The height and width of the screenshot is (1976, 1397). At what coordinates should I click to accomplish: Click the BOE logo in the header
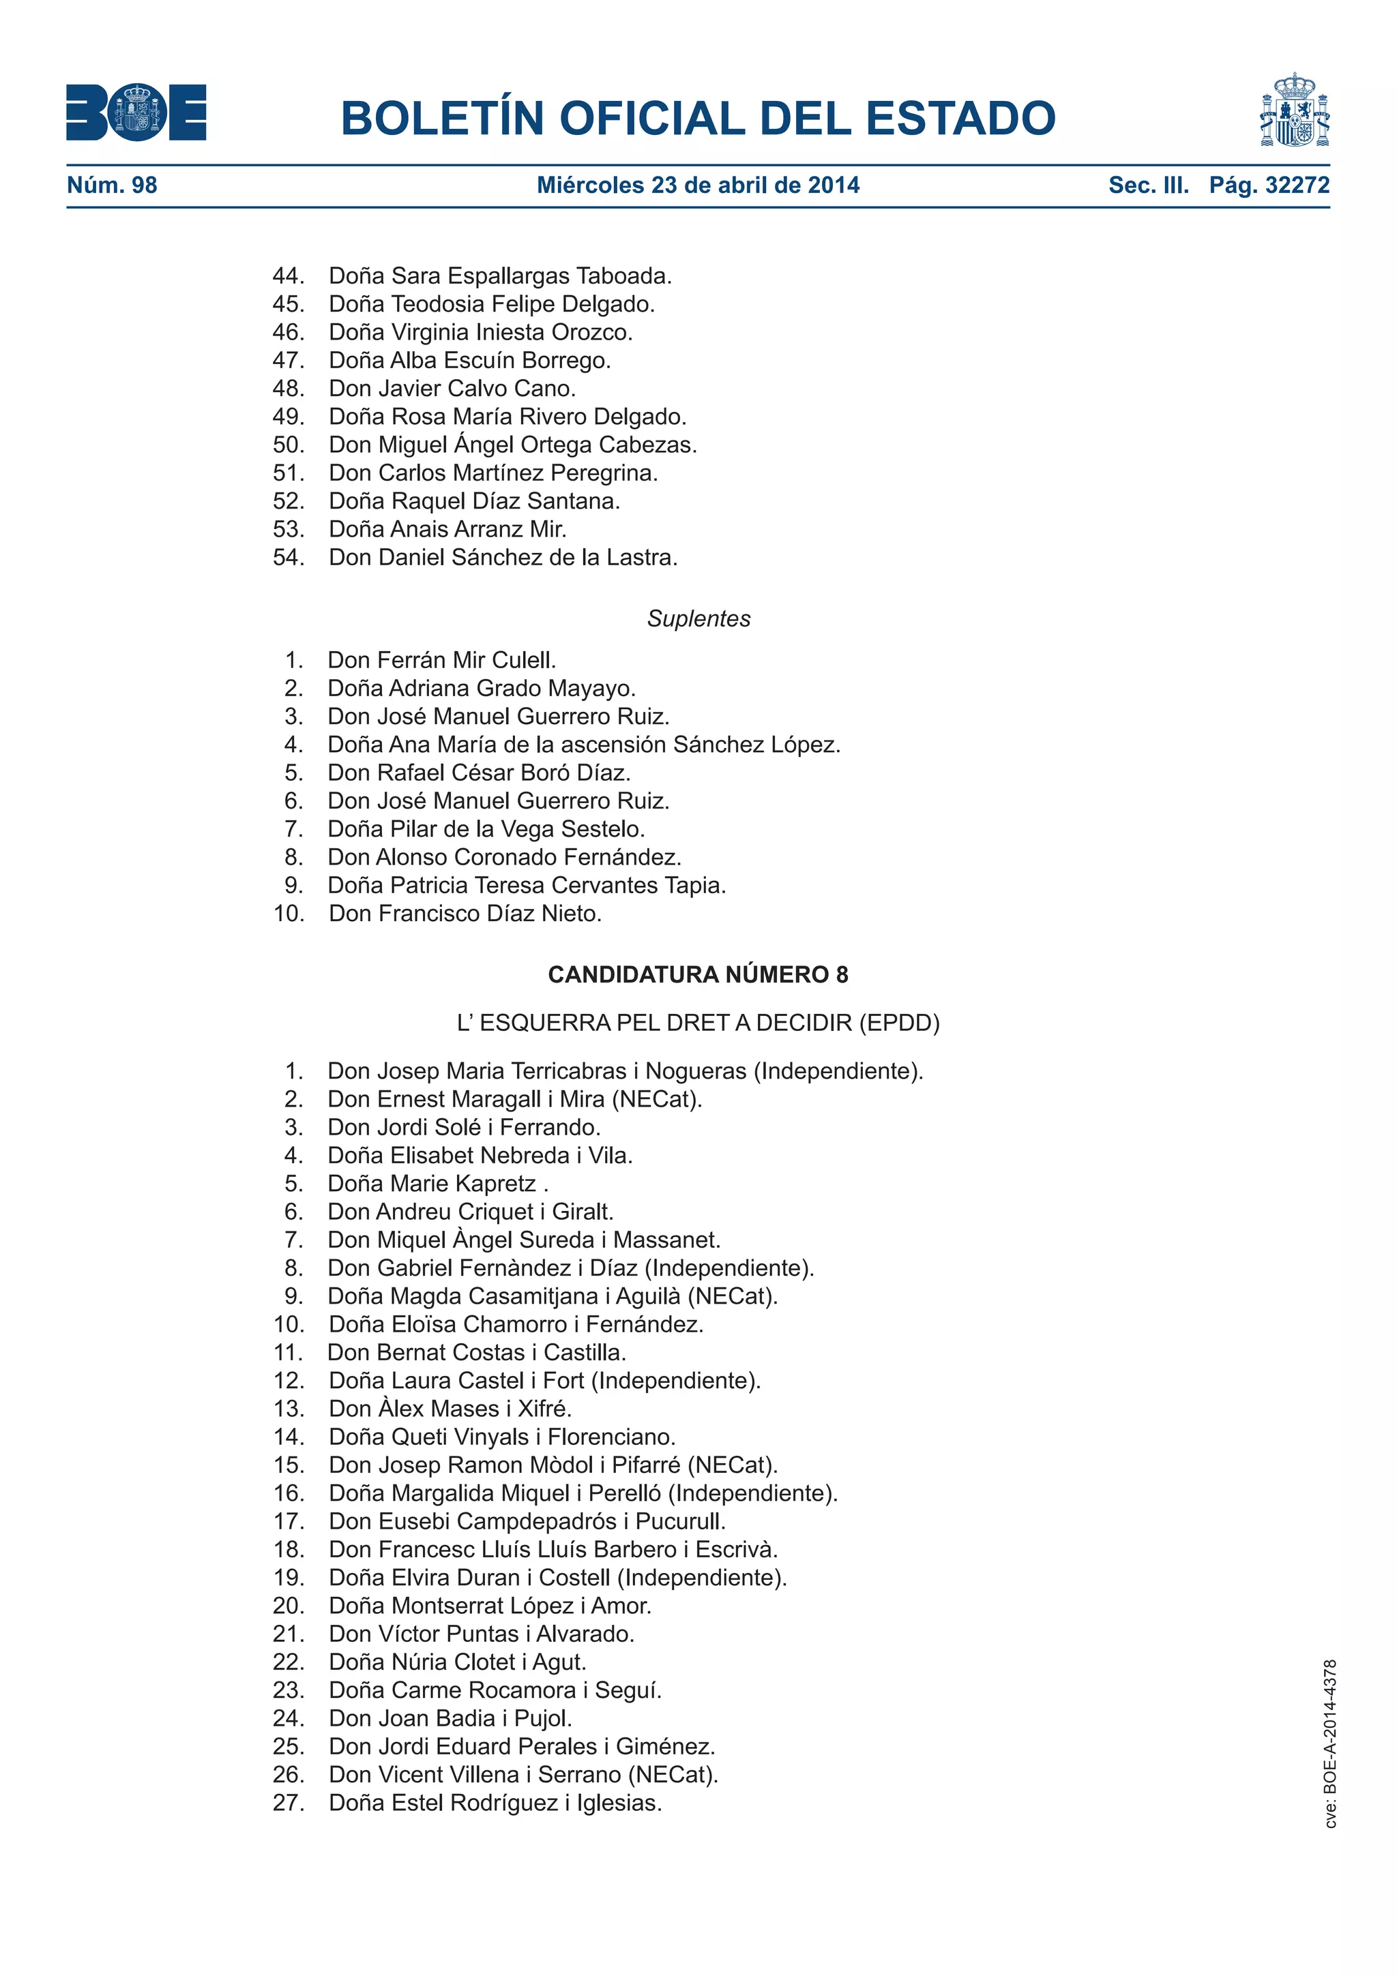click(136, 112)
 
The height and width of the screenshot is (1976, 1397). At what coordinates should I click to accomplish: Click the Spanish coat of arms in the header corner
click(1294, 110)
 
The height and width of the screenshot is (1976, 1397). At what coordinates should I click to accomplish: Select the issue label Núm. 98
click(112, 185)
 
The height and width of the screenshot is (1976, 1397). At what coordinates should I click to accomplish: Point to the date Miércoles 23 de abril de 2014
click(698, 185)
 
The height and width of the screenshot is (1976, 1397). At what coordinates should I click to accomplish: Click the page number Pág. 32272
click(1269, 185)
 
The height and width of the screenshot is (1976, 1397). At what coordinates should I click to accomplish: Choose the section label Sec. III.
click(1148, 185)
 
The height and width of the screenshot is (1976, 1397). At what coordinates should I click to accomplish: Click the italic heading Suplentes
click(698, 619)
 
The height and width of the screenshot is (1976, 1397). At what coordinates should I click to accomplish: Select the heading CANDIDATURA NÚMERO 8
click(698, 974)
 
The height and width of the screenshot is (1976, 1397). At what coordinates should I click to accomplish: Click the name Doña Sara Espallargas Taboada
click(500, 276)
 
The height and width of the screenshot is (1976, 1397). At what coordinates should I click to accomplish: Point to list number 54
click(289, 558)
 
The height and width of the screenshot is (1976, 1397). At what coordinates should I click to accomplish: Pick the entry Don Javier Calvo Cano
click(452, 389)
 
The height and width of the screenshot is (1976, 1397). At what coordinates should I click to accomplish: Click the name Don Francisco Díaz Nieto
click(465, 914)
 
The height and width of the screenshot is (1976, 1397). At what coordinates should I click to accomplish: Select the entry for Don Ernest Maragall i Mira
click(515, 1099)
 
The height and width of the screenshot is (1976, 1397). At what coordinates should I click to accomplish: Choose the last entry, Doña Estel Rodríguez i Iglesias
click(495, 1803)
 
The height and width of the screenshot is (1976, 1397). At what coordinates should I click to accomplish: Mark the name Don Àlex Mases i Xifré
click(450, 1409)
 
